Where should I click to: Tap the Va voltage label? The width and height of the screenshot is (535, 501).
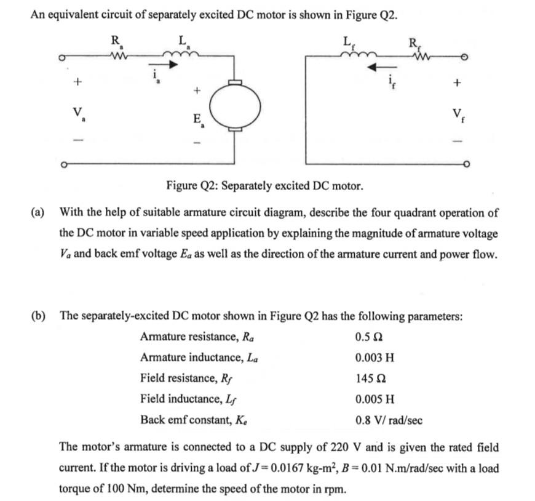coord(78,113)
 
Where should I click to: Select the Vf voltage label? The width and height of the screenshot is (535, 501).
coord(456,113)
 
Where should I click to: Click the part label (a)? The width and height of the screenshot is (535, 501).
coord(38,213)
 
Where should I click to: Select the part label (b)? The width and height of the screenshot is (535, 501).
coord(38,316)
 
